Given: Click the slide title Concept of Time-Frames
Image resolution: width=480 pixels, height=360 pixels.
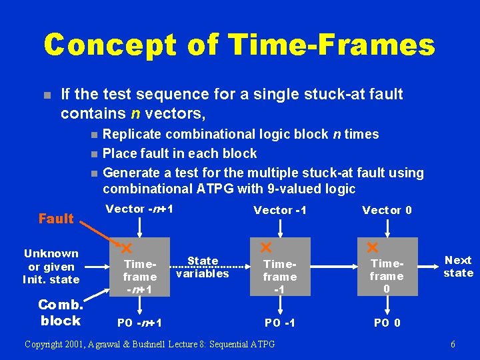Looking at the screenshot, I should [x=239, y=45].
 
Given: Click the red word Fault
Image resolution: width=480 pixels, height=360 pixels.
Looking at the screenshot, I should [x=56, y=219].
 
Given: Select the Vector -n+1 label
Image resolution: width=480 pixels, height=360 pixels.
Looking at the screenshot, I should [x=140, y=209].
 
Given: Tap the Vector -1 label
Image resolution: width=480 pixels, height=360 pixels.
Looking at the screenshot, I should [x=279, y=210].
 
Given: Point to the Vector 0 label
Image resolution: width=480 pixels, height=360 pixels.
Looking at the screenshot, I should [x=387, y=210].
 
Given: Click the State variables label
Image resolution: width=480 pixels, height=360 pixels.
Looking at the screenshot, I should [x=203, y=267].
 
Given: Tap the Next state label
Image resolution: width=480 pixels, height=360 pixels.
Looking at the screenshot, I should [x=458, y=267].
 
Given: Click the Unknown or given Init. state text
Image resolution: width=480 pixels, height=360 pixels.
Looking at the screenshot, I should [x=51, y=266].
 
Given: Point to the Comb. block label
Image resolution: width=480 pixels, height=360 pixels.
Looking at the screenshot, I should [x=60, y=313].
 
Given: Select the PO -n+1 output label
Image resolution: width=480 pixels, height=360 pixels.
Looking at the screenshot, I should [x=140, y=323].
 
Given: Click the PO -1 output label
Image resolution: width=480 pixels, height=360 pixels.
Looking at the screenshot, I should [x=280, y=323].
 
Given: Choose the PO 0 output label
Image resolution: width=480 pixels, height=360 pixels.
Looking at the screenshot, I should [x=387, y=323].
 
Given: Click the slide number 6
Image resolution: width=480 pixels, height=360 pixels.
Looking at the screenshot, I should [x=453, y=344].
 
